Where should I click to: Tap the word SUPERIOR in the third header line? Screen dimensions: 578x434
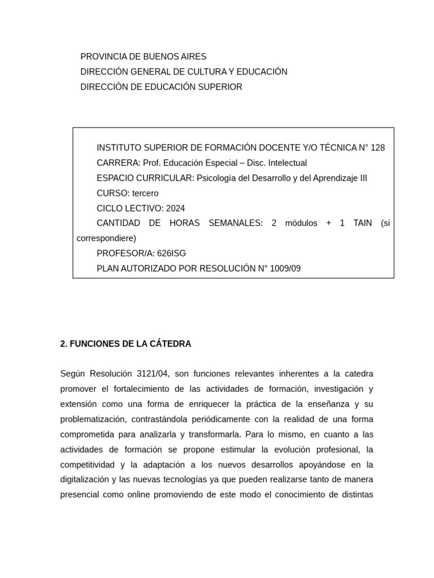click(220, 87)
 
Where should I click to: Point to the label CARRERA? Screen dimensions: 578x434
click(119, 163)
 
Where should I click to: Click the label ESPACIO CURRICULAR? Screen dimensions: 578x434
click(145, 178)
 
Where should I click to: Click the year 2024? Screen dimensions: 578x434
click(176, 208)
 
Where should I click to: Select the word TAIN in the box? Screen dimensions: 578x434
click(363, 223)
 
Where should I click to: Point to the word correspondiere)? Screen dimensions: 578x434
click(106, 238)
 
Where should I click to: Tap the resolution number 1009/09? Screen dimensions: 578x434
click(285, 269)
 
